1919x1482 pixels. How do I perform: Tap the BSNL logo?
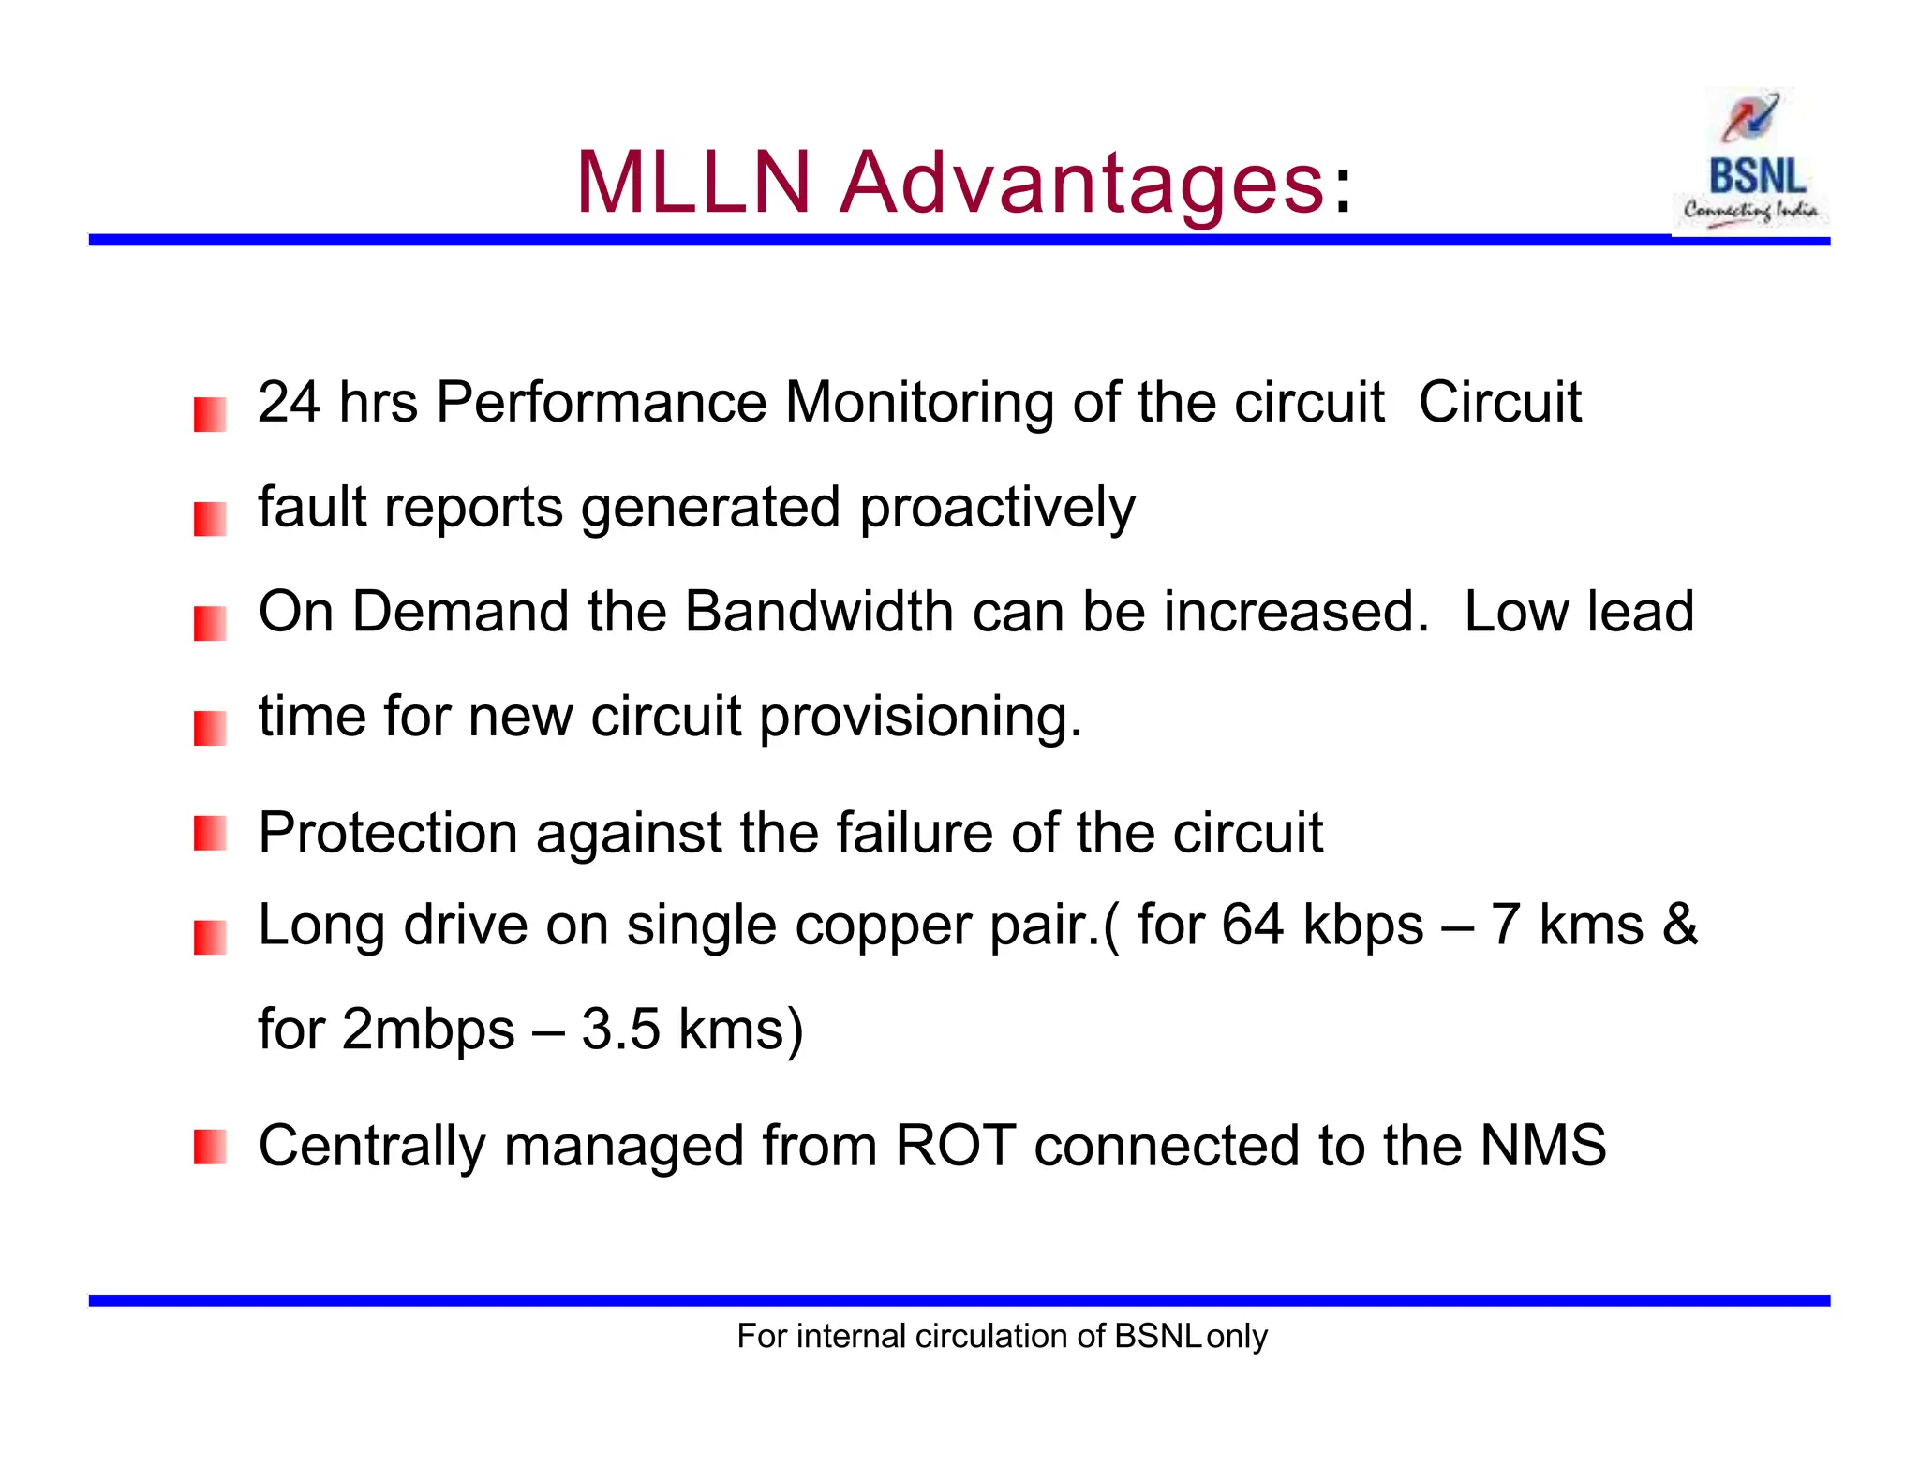tap(1749, 159)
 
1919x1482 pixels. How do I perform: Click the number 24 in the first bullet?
tap(289, 403)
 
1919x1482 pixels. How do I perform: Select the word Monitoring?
tap(919, 403)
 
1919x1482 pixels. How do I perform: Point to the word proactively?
tap(997, 509)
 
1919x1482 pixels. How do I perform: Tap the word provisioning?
tap(920, 718)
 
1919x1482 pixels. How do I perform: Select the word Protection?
tap(388, 833)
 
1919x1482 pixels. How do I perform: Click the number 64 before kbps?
tap(1252, 926)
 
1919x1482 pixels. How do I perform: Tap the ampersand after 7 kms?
tap(1679, 926)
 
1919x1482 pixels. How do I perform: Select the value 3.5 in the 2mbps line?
tap(620, 1030)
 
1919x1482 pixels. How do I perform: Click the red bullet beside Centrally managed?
tap(210, 1147)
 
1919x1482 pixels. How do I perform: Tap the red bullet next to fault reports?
tap(210, 519)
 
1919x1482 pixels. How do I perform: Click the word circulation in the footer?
tap(991, 1336)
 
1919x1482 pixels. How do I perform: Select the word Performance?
tap(602, 403)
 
